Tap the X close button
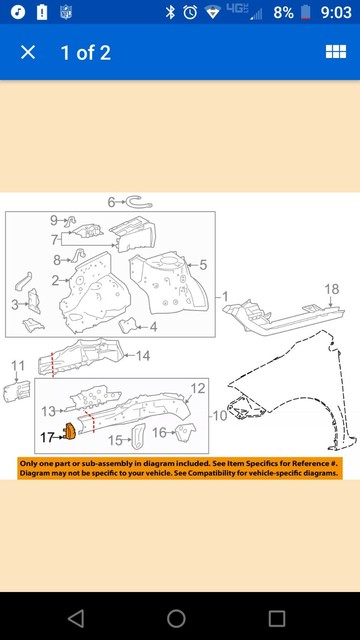[28, 52]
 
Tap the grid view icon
[335, 52]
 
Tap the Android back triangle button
[75, 618]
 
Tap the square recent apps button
[277, 618]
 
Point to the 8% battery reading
[283, 13]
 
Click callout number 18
[331, 290]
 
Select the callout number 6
[111, 202]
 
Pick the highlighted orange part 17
[70, 432]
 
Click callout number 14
[143, 356]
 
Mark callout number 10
[219, 415]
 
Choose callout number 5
[203, 265]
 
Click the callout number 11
[17, 367]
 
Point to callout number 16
[159, 433]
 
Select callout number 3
[15, 304]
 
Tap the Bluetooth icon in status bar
[170, 13]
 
